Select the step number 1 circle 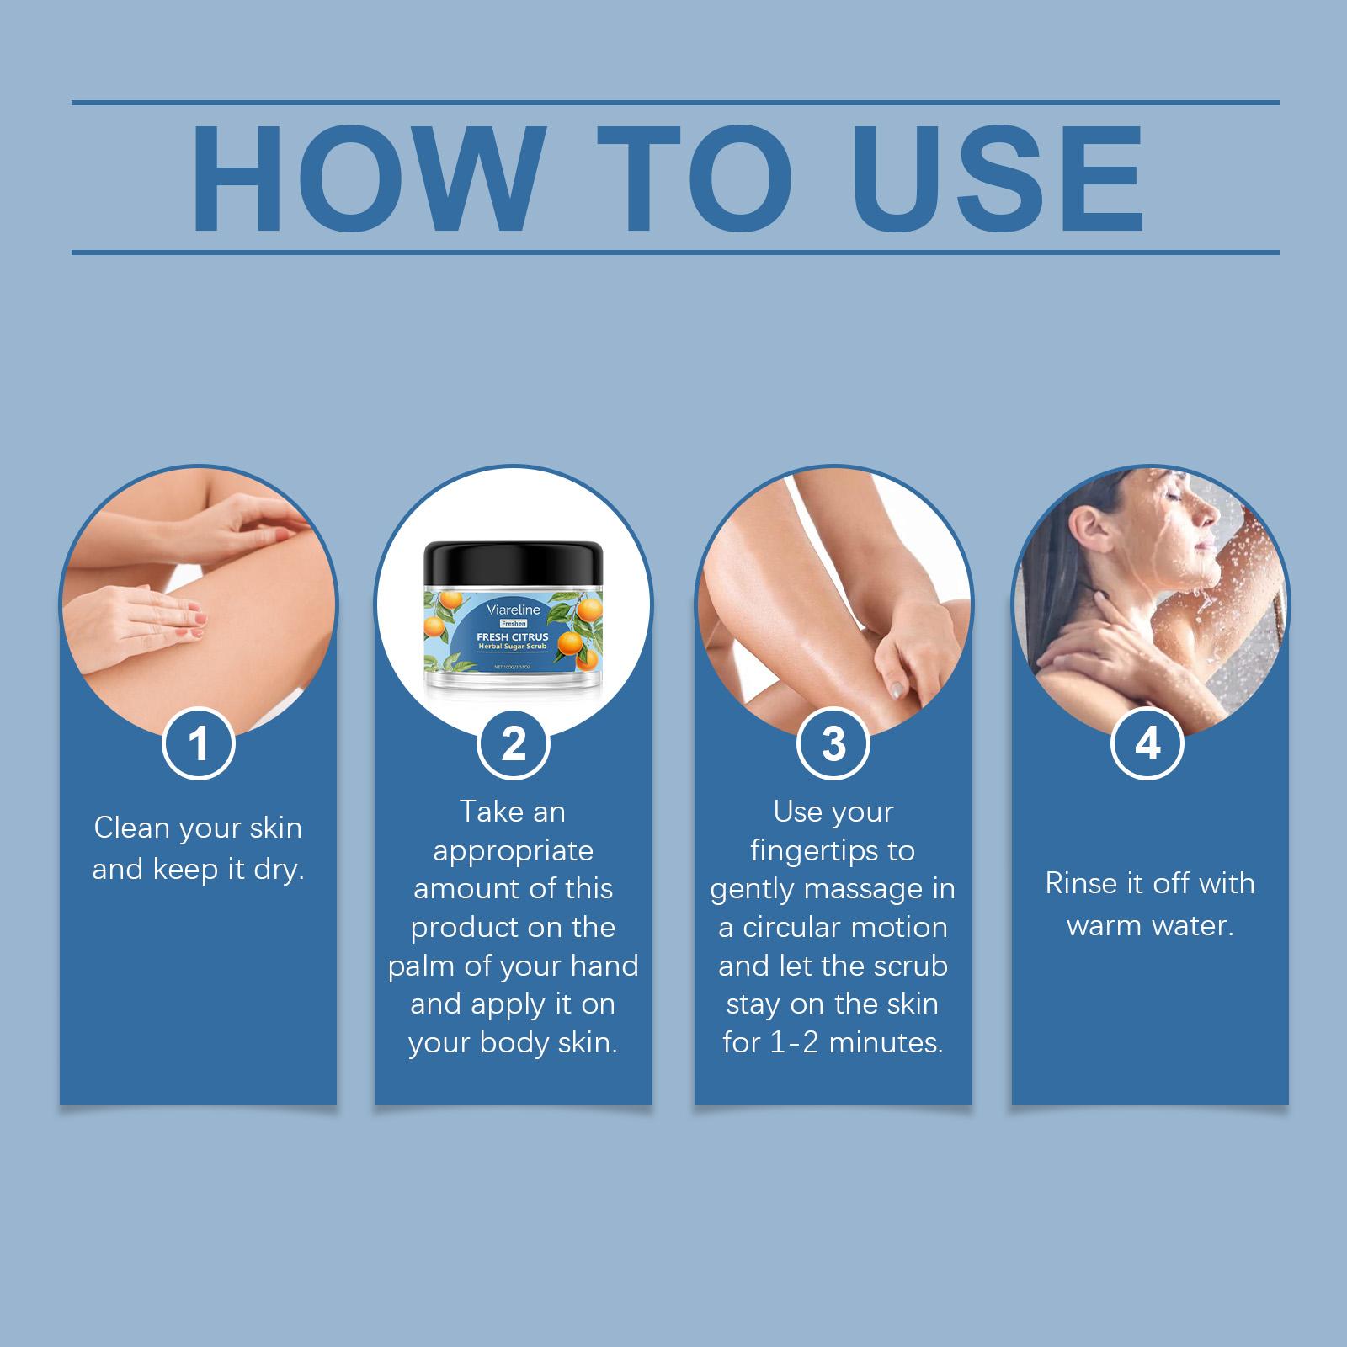(198, 743)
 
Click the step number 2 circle (514, 743)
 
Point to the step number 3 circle (833, 743)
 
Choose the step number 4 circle (1148, 743)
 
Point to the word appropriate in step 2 (513, 851)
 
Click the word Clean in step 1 (130, 828)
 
